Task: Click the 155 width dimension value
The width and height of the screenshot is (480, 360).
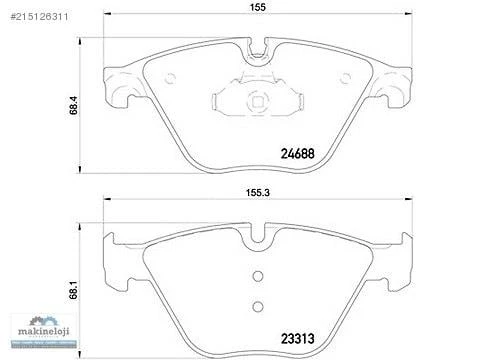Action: click(x=258, y=7)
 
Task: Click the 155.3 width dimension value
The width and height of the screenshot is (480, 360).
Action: click(x=258, y=193)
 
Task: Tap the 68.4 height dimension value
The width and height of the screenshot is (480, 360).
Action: click(x=73, y=105)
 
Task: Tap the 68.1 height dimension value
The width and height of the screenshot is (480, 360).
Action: click(x=73, y=290)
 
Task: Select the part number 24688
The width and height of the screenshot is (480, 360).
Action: click(x=298, y=154)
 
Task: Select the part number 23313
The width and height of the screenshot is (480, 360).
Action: click(x=298, y=339)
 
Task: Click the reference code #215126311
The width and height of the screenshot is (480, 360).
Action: click(x=40, y=17)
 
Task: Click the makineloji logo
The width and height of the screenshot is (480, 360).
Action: click(x=44, y=331)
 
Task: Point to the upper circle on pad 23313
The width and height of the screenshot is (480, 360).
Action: click(x=258, y=276)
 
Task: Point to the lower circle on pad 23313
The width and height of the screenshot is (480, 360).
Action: click(x=258, y=307)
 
